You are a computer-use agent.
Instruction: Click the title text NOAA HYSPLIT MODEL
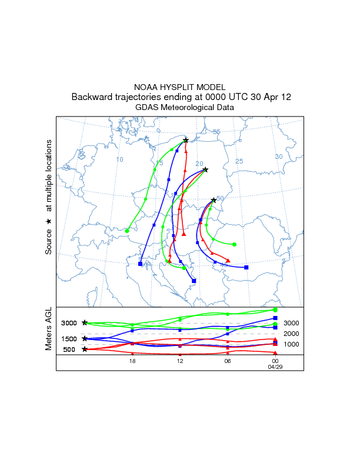click(x=180, y=86)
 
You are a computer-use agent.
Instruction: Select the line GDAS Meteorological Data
click(x=180, y=107)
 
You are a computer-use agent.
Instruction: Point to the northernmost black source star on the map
click(x=186, y=140)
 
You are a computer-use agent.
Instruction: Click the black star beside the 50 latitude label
click(x=214, y=201)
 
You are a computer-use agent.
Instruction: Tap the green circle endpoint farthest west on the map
click(x=127, y=231)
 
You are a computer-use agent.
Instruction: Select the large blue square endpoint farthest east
click(x=246, y=268)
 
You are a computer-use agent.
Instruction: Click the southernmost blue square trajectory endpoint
click(x=194, y=281)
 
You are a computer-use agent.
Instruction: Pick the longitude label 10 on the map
click(x=119, y=159)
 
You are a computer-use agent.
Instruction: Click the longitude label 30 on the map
click(x=279, y=156)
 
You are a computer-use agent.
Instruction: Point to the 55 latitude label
click(x=216, y=132)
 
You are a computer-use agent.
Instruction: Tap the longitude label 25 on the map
click(x=239, y=161)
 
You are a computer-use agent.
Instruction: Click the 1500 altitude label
click(x=69, y=339)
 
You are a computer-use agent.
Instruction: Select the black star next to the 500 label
click(x=85, y=349)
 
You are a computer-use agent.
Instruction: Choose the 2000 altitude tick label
click(x=292, y=334)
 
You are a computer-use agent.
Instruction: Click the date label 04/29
click(x=275, y=366)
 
